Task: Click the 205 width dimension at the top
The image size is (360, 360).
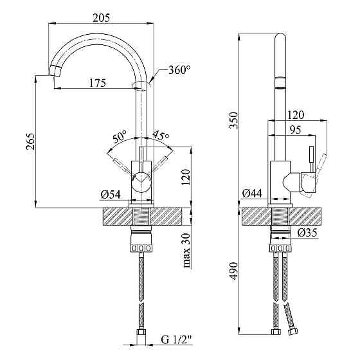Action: [102, 18]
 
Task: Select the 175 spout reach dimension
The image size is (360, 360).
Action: [98, 83]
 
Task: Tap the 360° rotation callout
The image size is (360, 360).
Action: [179, 70]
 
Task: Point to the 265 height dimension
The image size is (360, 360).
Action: [31, 141]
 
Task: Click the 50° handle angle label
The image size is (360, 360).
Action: [120, 136]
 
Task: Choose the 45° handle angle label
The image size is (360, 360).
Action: [161, 135]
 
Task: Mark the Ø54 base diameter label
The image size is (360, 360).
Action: [111, 195]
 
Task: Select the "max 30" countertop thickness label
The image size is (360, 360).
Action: [187, 251]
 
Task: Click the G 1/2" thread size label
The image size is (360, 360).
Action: [176, 339]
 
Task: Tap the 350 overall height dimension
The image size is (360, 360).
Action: [234, 120]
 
